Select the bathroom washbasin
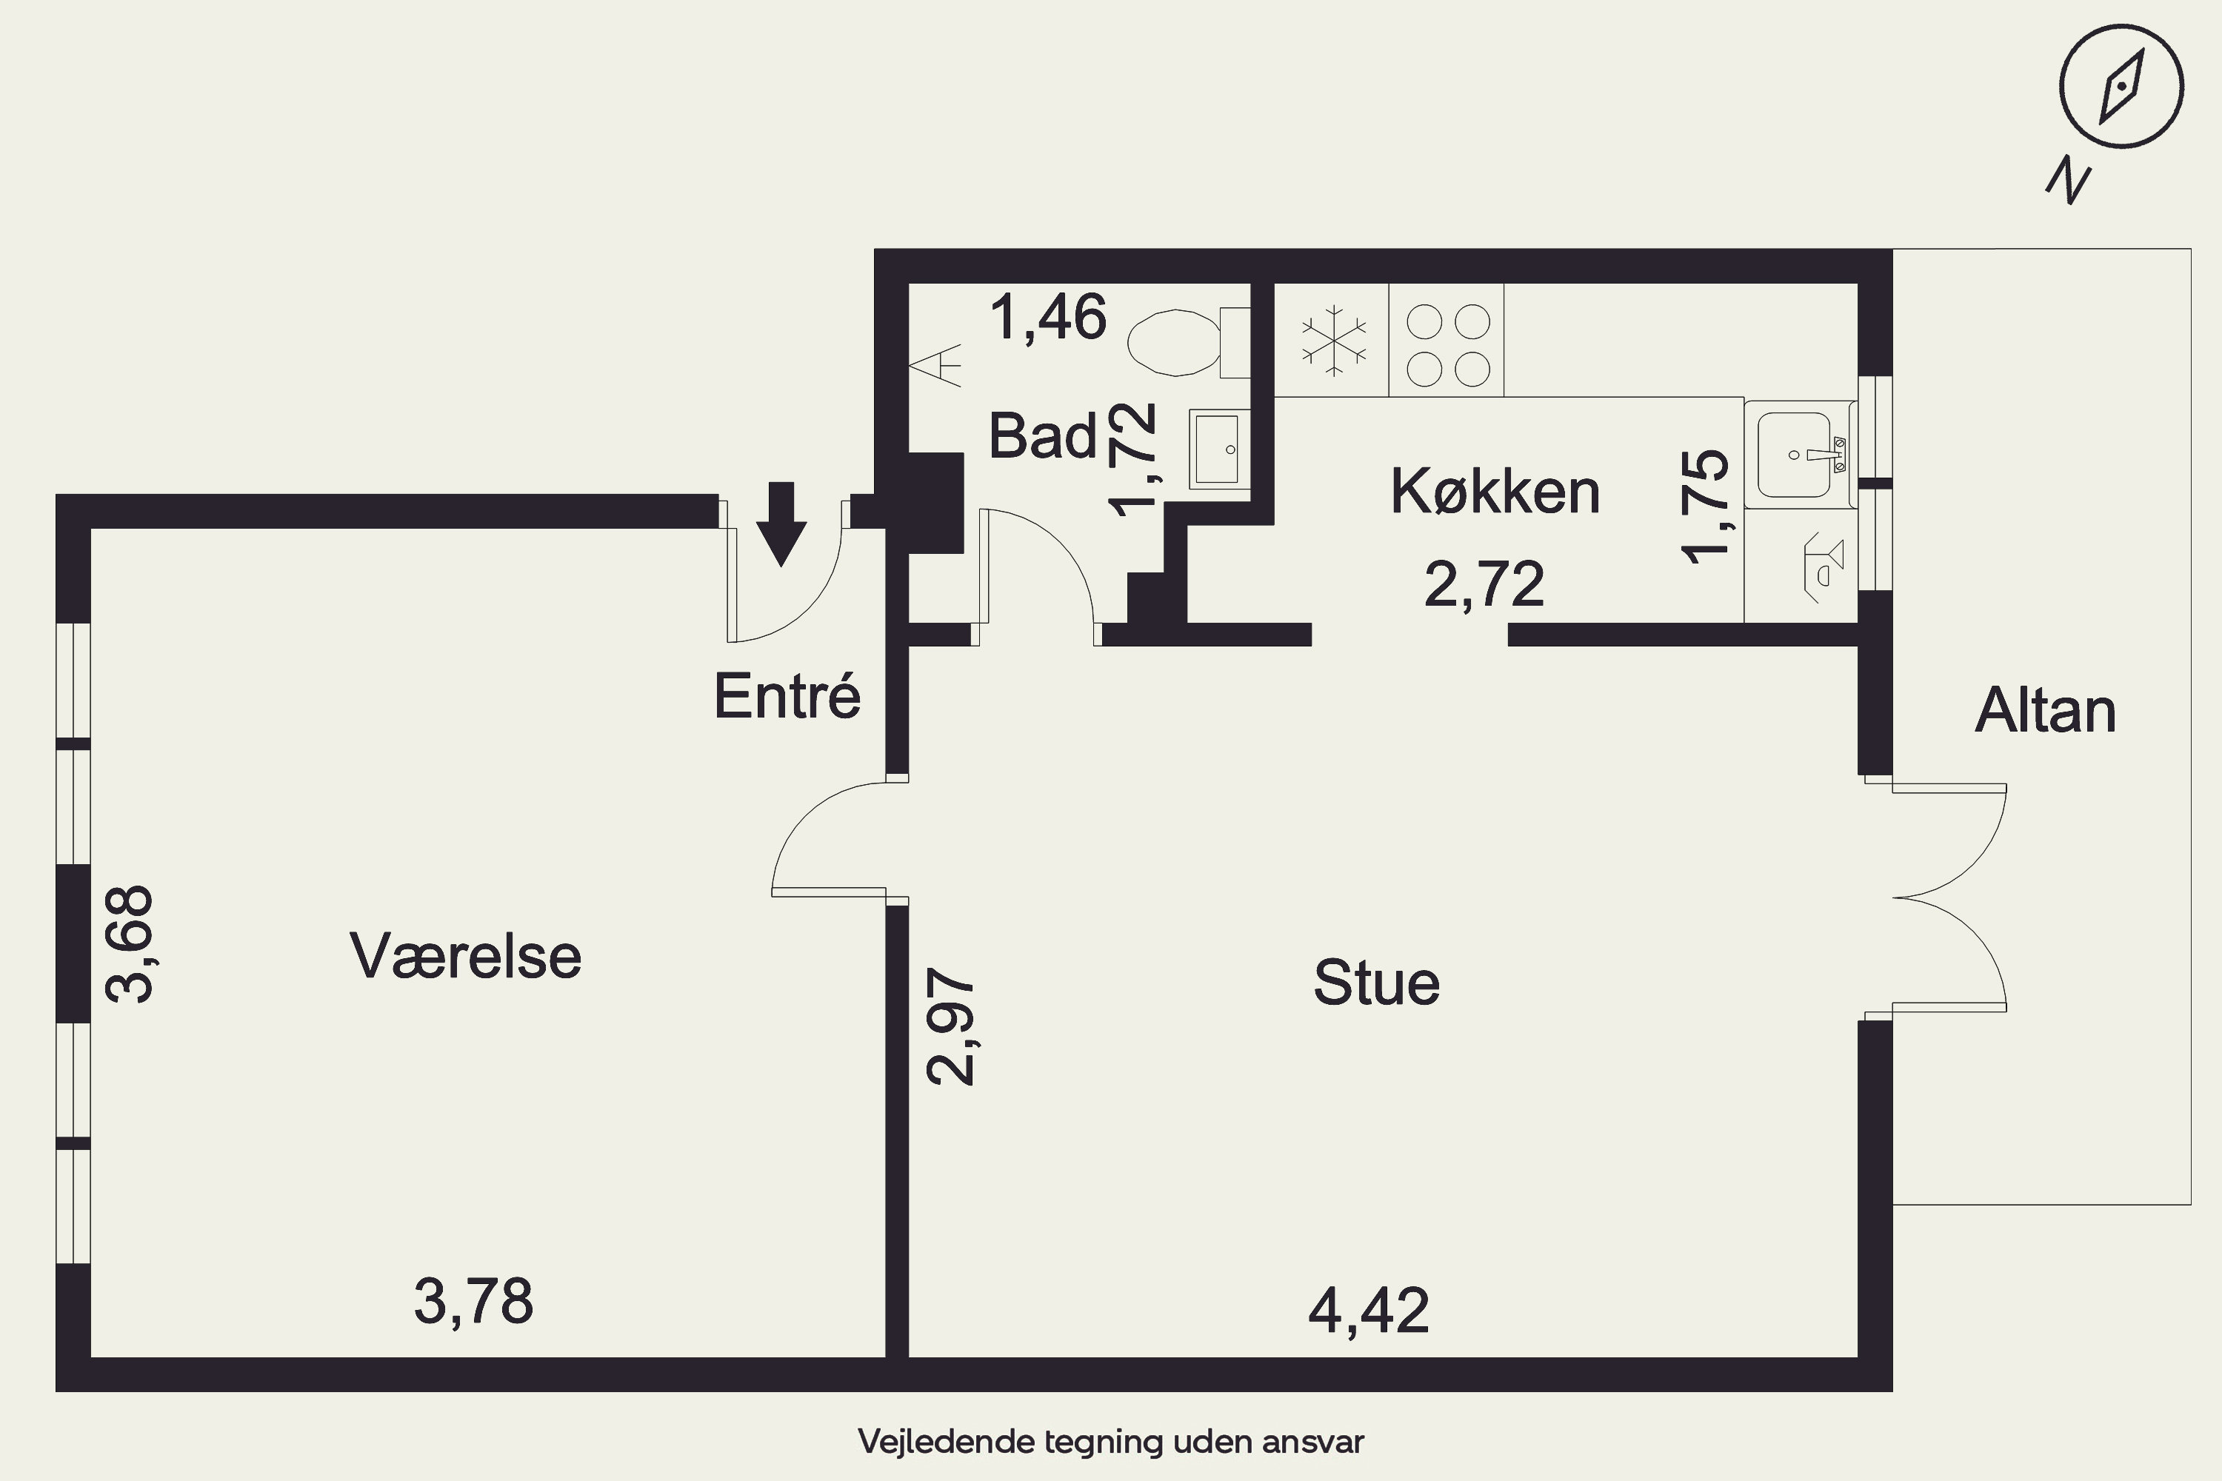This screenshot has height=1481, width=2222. point(1218,449)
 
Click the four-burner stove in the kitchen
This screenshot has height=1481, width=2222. point(1447,340)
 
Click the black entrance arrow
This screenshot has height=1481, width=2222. point(781,524)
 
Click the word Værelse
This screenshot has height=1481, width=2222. point(466,955)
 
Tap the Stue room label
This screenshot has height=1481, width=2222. point(1376,983)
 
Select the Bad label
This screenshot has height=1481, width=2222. point(1043,435)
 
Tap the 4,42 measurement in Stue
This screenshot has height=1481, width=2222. point(1369,1310)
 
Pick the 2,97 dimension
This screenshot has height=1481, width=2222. point(950,1026)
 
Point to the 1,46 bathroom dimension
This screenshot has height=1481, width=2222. point(1048,318)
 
